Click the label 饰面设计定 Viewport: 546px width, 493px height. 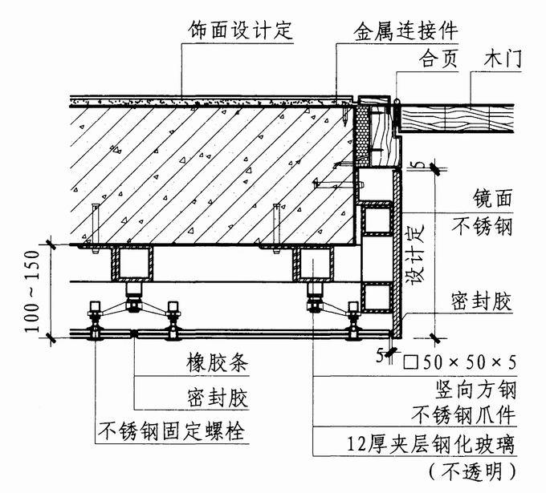pyautogui.click(x=240, y=30)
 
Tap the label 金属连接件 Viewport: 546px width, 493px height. pyautogui.click(x=405, y=32)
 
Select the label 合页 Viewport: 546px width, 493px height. pyautogui.click(x=438, y=59)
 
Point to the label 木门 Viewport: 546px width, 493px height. pyautogui.click(x=502, y=59)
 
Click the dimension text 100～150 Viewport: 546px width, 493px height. pyautogui.click(x=32, y=291)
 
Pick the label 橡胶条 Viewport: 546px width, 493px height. pyautogui.click(x=218, y=362)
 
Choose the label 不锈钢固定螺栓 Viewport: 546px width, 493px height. pyautogui.click(x=172, y=431)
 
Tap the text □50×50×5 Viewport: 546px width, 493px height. pyautogui.click(x=459, y=362)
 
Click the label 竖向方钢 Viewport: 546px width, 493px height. pyautogui.click(x=476, y=390)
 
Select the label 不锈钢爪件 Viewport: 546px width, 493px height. pyautogui.click(x=464, y=414)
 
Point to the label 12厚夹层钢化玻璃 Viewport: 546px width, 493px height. pyautogui.click(x=431, y=444)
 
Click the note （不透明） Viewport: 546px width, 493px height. pyautogui.click(x=472, y=472)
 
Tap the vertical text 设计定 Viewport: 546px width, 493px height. pyautogui.click(x=417, y=254)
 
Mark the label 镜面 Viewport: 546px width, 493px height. pyautogui.click(x=492, y=198)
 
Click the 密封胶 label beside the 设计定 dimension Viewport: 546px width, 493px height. pyautogui.click(x=482, y=301)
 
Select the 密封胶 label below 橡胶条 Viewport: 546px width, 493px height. pyautogui.click(x=218, y=398)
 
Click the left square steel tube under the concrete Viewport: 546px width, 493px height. pyautogui.click(x=132, y=263)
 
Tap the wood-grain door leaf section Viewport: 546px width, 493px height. pyautogui.click(x=458, y=119)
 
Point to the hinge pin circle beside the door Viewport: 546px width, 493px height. pyautogui.click(x=397, y=101)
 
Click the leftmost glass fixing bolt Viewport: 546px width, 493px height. pyautogui.click(x=95, y=320)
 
